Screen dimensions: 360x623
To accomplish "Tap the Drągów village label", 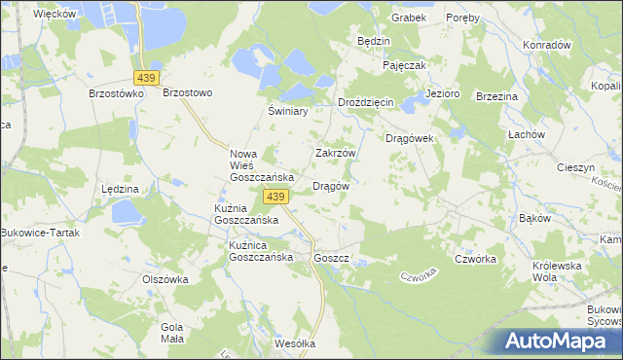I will (330, 186).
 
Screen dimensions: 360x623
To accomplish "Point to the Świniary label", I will (288, 112).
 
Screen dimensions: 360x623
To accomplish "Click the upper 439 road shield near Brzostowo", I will (148, 77).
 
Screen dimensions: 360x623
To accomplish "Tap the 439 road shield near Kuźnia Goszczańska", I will (275, 197).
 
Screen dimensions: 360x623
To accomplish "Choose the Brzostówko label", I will (116, 93).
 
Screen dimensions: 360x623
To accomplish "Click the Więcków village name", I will (55, 14).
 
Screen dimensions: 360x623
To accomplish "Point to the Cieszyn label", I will (575, 167).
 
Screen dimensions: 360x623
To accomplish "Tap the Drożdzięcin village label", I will (365, 102).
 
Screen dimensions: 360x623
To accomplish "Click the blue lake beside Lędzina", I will (127, 211).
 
